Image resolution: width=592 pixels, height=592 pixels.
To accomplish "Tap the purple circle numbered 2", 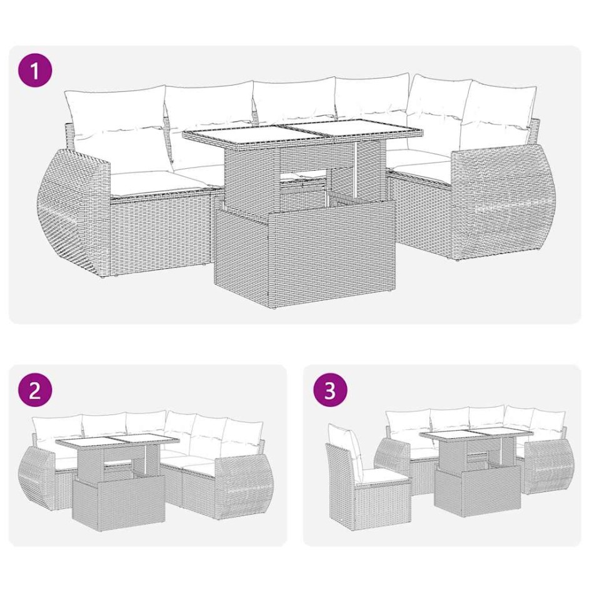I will pos(35,391).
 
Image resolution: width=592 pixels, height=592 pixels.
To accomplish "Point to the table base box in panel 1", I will pos(304,258).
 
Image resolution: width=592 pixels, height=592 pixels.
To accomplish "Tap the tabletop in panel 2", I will pos(118,444).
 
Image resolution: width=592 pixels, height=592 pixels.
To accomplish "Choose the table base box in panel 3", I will pos(477,491).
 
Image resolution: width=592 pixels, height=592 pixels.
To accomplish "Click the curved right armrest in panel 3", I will pos(546,466).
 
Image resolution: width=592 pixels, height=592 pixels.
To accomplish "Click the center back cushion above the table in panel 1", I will pos(294,100).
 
